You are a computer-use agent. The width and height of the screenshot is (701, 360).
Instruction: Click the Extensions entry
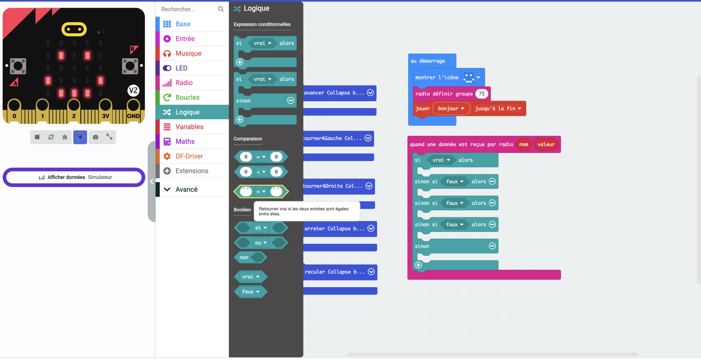click(192, 171)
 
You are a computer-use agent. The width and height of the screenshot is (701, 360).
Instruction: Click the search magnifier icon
click(221, 9)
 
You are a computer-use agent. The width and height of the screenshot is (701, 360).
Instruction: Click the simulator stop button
click(37, 137)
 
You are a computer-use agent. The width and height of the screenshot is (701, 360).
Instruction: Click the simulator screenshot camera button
click(95, 137)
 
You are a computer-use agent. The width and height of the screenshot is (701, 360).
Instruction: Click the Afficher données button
click(74, 177)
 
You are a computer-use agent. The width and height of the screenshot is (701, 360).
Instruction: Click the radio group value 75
click(481, 94)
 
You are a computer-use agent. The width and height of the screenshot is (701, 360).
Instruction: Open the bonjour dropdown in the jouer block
click(451, 108)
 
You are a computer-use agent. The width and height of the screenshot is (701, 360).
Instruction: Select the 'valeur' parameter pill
click(546, 144)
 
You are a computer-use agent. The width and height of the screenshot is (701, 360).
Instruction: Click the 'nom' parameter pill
click(523, 144)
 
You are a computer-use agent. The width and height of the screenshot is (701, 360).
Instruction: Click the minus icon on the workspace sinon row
click(492, 246)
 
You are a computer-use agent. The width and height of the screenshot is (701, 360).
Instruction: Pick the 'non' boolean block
click(250, 257)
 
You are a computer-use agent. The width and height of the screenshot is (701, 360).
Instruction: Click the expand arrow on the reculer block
click(371, 272)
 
